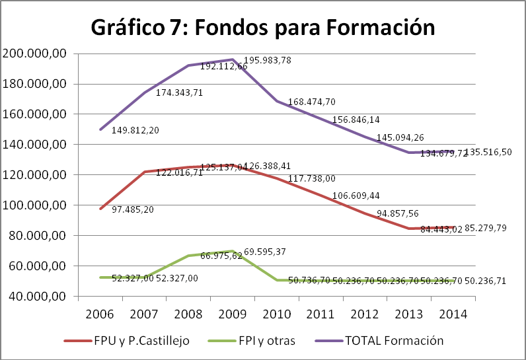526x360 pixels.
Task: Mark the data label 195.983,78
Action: tap(268, 61)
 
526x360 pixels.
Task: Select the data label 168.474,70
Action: tap(312, 102)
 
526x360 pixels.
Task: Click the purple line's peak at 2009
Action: tap(233, 59)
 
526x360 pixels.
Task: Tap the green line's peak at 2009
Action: tap(233, 251)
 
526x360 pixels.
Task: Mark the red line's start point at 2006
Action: tap(100, 209)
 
